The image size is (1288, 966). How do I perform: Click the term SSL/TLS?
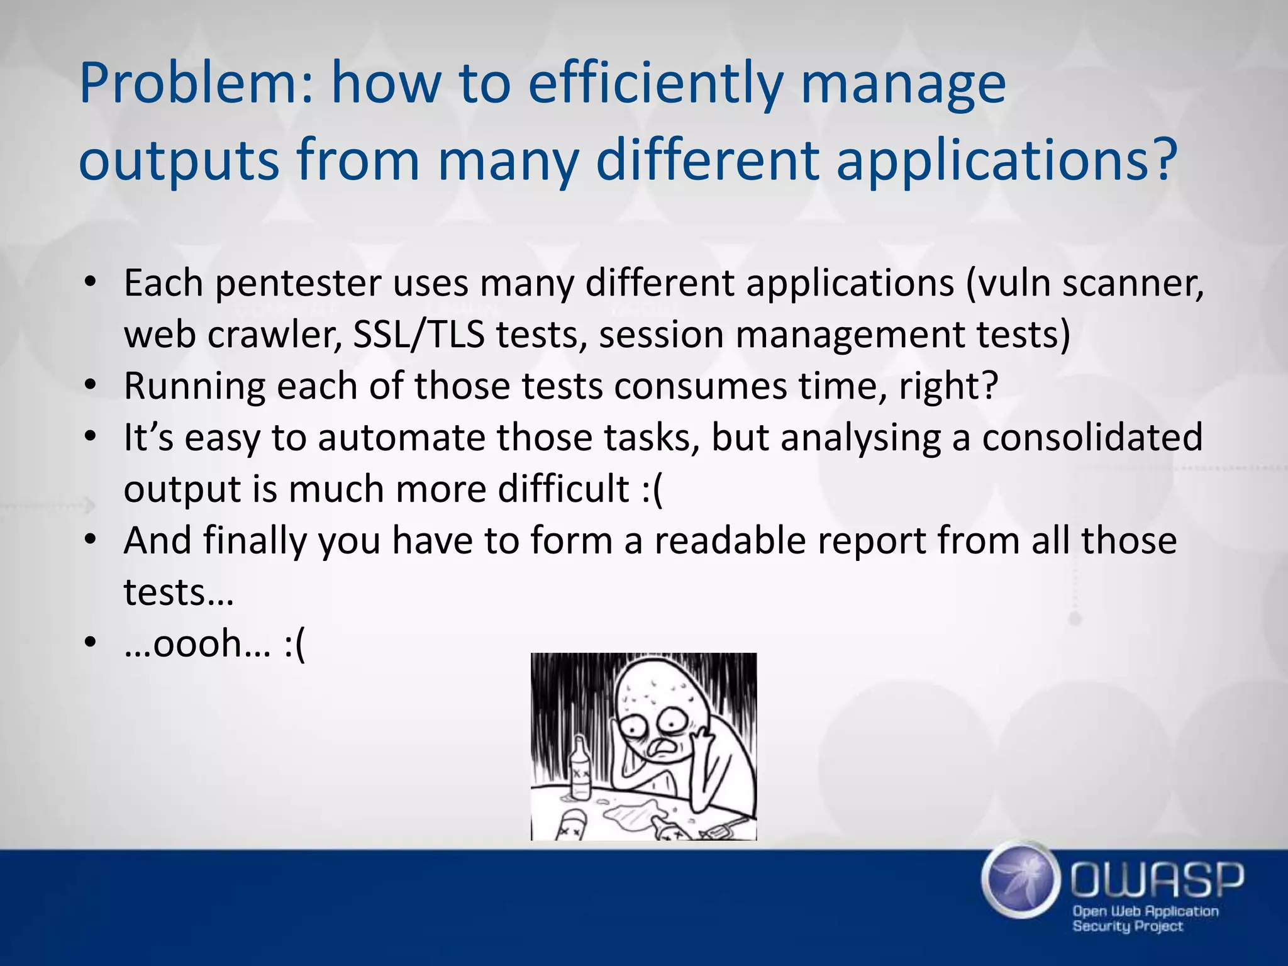coord(418,335)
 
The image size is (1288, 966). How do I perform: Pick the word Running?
coord(194,387)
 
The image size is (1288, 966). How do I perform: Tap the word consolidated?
coord(1092,438)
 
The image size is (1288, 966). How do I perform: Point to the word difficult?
coord(563,489)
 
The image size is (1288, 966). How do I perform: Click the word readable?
coord(730,541)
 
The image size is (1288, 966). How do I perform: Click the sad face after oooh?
coord(294,645)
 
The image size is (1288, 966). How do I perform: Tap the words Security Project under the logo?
coord(1127,926)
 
